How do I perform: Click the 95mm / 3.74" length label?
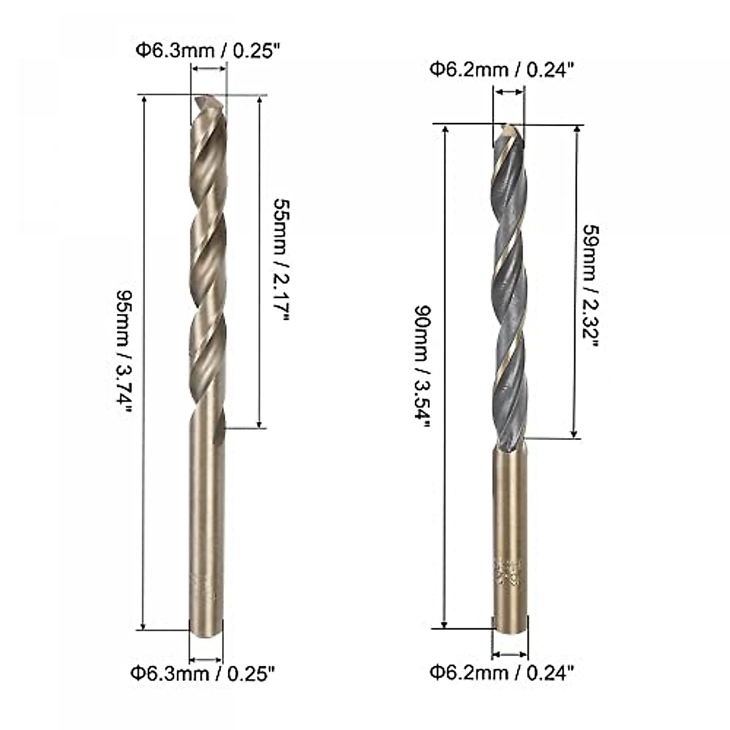124,360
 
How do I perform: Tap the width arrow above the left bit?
209,70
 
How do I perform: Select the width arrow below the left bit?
206,659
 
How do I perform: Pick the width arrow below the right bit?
509,654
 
